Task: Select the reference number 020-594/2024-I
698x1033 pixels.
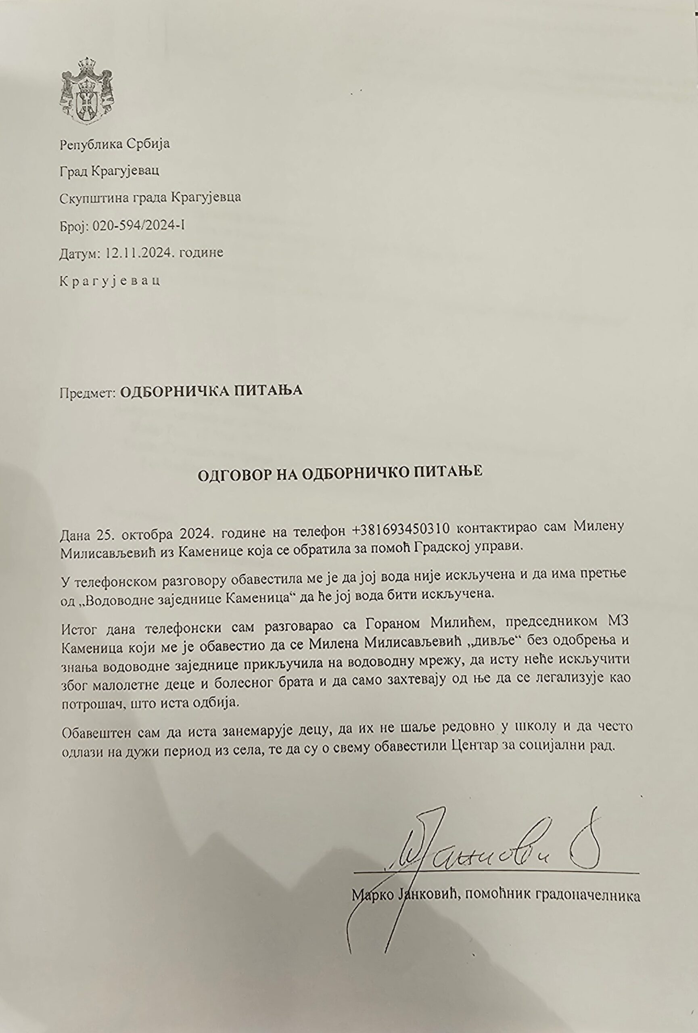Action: point(138,226)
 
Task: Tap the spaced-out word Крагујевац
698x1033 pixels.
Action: point(110,281)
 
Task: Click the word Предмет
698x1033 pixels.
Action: point(87,391)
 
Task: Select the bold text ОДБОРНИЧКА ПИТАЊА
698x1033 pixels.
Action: point(211,391)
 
